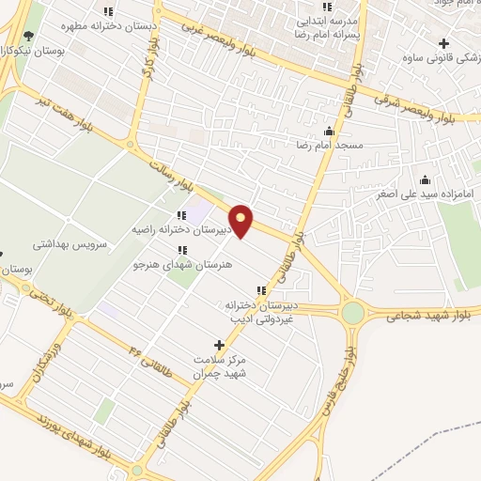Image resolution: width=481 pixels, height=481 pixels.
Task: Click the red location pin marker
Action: pos(241,221)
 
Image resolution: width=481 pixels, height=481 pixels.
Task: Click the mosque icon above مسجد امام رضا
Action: pos(329,132)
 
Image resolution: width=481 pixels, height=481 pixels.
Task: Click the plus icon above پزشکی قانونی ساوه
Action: pos(443,43)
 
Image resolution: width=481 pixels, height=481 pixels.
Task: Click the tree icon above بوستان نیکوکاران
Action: pos(28,36)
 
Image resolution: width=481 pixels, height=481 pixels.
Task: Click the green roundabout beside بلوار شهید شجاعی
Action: pos(353,313)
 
